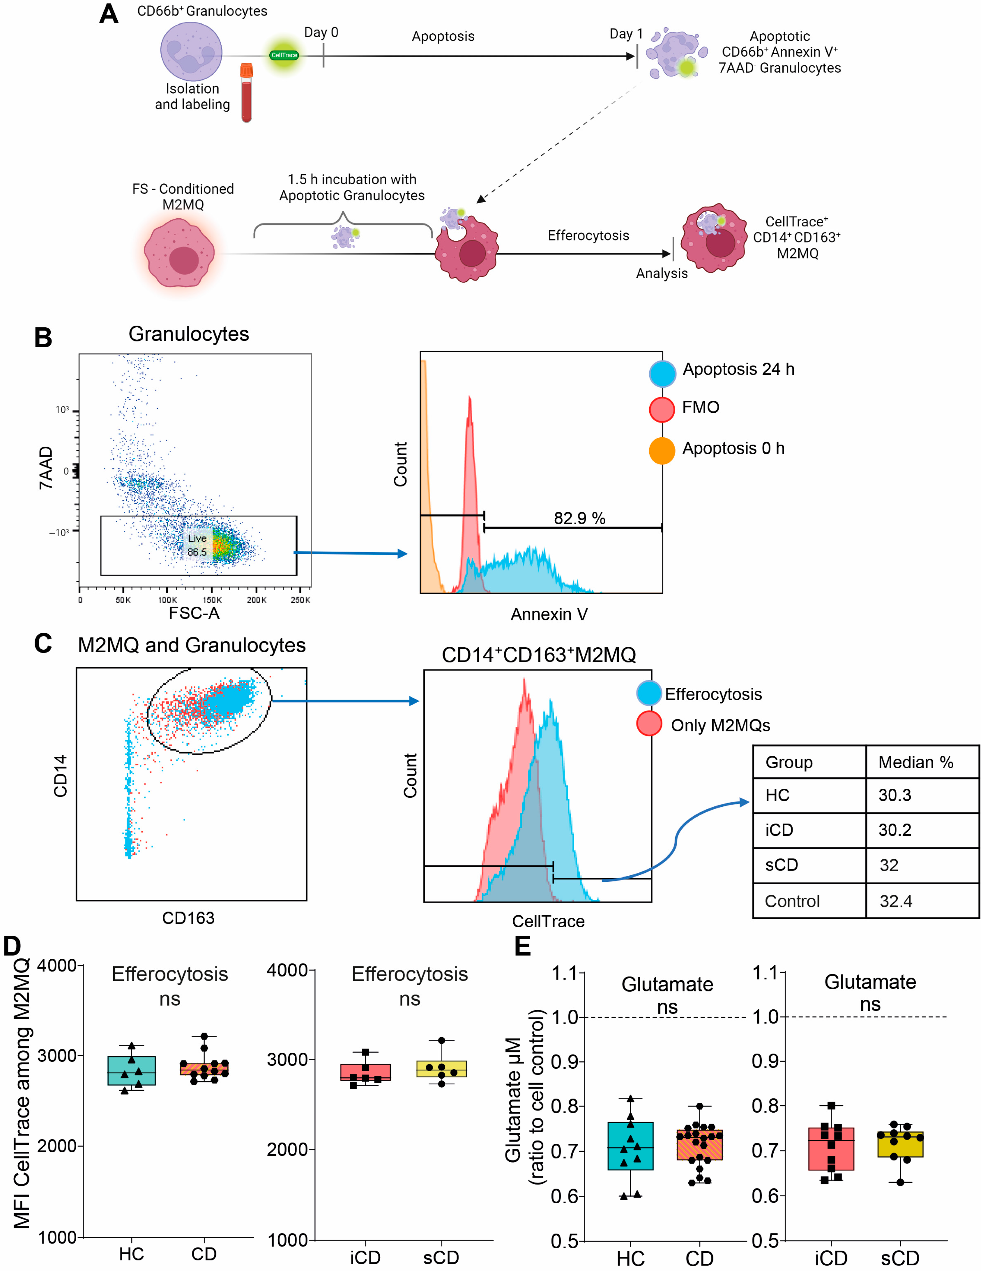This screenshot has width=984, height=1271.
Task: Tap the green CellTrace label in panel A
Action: tap(284, 55)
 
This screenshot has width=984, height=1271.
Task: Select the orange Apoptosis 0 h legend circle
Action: tap(662, 450)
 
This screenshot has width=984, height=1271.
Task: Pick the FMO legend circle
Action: tap(662, 409)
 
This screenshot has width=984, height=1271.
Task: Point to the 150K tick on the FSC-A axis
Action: tap(212, 600)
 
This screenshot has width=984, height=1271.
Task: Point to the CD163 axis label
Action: tap(188, 918)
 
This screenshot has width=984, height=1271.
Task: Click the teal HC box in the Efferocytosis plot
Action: tap(131, 1071)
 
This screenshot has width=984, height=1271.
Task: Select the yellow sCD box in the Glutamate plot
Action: tap(900, 1144)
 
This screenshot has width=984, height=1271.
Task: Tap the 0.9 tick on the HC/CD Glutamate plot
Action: tap(564, 1062)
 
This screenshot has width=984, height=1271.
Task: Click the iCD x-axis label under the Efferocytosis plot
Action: tap(365, 1257)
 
